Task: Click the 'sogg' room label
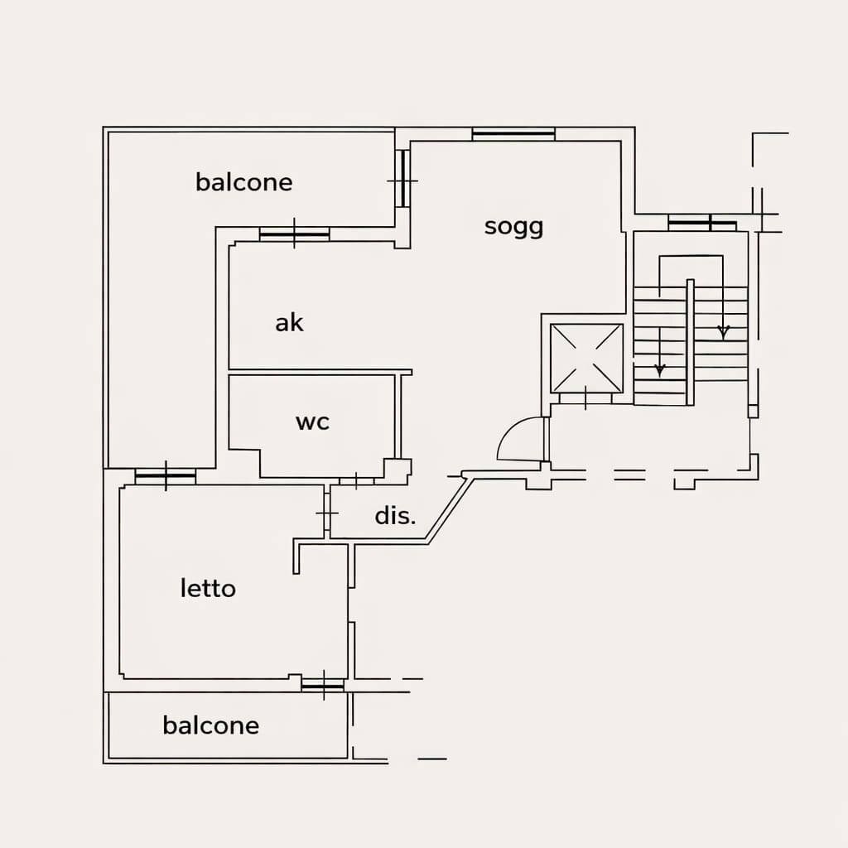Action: pyautogui.click(x=513, y=226)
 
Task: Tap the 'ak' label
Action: pyautogui.click(x=289, y=322)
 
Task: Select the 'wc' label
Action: pyautogui.click(x=312, y=422)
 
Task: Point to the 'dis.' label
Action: pyautogui.click(x=395, y=516)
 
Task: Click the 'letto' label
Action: pyautogui.click(x=208, y=589)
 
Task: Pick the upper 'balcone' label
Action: pyautogui.click(x=244, y=182)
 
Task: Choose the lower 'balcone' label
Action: pyautogui.click(x=210, y=726)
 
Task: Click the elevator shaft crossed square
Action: pyautogui.click(x=586, y=358)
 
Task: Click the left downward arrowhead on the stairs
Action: pyautogui.click(x=660, y=369)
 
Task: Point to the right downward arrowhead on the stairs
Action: pyautogui.click(x=723, y=332)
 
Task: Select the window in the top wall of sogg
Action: pyautogui.click(x=513, y=133)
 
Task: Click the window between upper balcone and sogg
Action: pyautogui.click(x=402, y=179)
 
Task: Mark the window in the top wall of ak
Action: pyautogui.click(x=294, y=235)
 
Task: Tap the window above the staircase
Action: pyautogui.click(x=701, y=224)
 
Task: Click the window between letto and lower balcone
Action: pyautogui.click(x=322, y=685)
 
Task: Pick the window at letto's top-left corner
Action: pyautogui.click(x=166, y=477)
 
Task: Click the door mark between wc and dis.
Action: pyautogui.click(x=355, y=480)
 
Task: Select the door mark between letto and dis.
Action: pyautogui.click(x=326, y=514)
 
